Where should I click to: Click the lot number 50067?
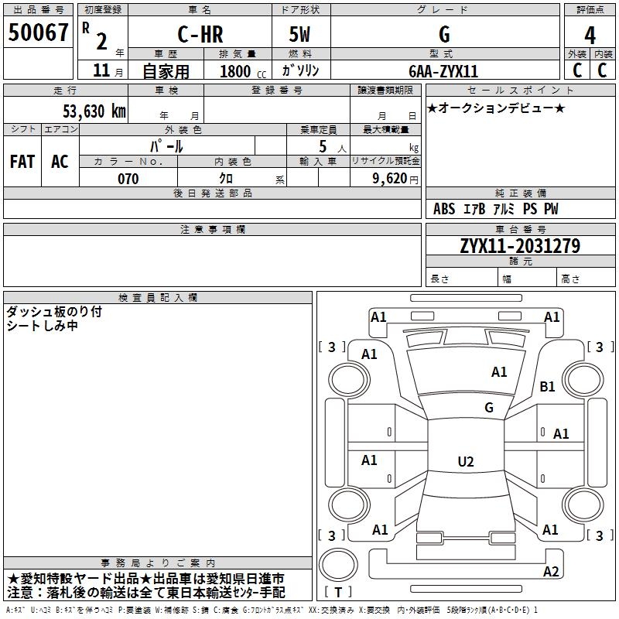pos(38,33)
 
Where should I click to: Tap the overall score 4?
pos(590,35)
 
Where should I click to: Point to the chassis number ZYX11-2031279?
pos(519,246)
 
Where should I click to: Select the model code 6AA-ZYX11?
pos(443,71)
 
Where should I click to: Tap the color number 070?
pos(128,179)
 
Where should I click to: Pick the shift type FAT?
pos(22,161)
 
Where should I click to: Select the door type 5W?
pos(300,35)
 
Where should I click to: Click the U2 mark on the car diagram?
pos(465,462)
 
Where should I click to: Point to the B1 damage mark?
pos(547,386)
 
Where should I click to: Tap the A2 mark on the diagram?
pos(550,572)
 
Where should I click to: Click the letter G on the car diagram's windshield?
pos(488,407)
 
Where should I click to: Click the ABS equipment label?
pos(444,209)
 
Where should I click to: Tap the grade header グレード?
pos(443,10)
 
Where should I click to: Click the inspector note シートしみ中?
pos(42,326)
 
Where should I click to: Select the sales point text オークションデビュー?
pos(496,108)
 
